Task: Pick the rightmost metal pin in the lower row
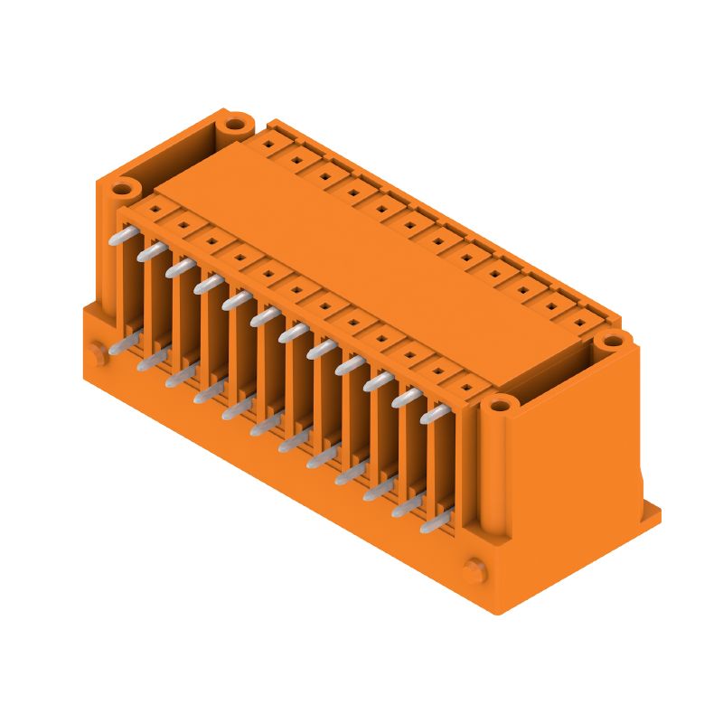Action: (435, 520)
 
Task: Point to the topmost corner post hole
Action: (236, 123)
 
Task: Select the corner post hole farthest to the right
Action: (614, 341)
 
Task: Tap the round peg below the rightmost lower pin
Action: (471, 571)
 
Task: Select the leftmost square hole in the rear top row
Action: (268, 145)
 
